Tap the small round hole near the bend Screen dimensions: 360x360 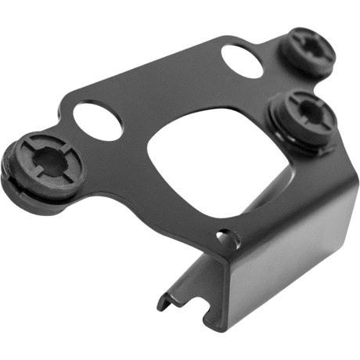(228, 232)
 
